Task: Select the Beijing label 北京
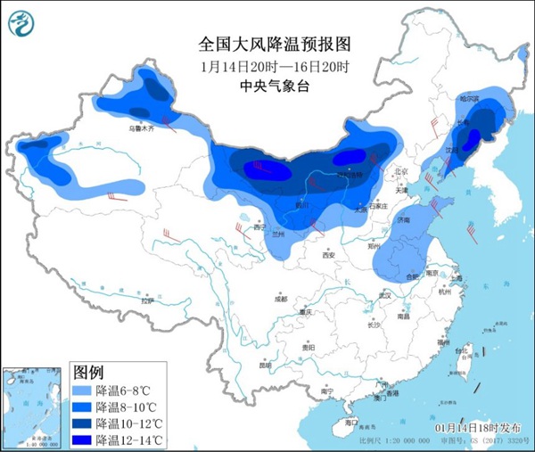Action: pos(399,171)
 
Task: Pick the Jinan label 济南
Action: pos(403,218)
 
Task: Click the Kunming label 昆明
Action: pos(265,365)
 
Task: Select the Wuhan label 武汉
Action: pos(385,294)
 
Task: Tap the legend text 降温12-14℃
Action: pos(130,440)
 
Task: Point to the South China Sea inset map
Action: pos(34,407)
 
